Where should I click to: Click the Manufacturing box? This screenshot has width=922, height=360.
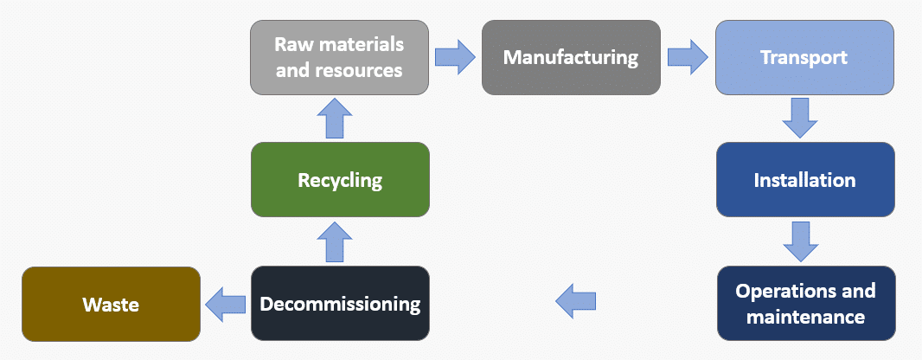571,59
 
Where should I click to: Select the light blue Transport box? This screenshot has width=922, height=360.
804,58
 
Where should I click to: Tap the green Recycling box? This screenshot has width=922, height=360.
340,180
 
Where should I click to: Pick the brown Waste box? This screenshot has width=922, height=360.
110,304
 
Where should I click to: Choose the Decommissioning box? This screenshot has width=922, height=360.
340,304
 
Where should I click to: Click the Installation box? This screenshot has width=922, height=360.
804,180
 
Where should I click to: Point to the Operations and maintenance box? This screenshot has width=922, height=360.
805,303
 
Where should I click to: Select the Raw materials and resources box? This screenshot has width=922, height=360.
340,57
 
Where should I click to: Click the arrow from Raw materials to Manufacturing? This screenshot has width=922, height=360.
455,57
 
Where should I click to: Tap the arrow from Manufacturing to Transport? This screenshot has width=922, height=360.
688,57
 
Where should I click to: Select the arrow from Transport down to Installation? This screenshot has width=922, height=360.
800,118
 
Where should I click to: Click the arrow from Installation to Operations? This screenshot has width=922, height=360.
800,241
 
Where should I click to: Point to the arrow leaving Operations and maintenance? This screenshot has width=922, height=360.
575,301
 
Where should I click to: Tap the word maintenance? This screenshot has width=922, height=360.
805,317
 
